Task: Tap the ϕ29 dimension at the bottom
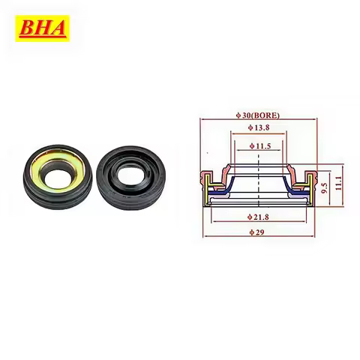(x=257, y=232)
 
